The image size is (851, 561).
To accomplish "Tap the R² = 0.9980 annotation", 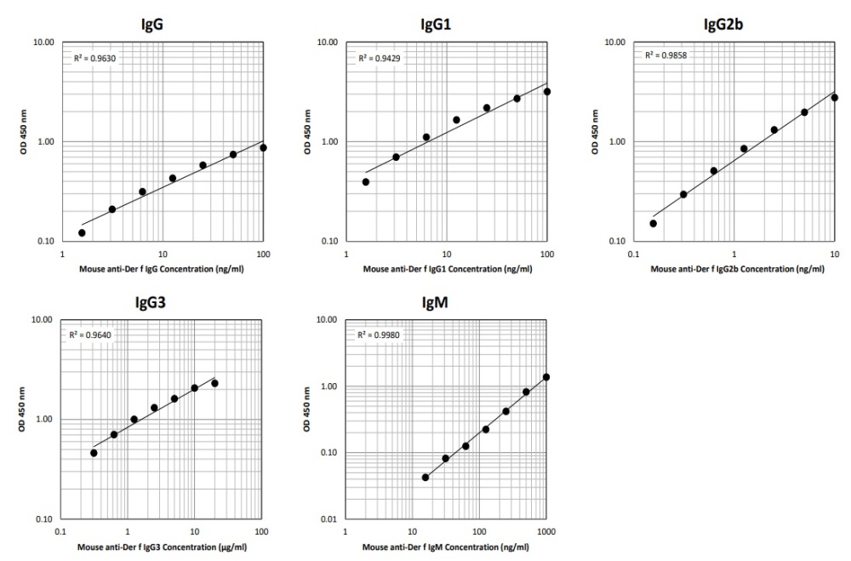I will [378, 335].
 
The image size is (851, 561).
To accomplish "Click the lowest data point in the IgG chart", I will [82, 232].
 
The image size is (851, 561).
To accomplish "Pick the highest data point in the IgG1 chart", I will [547, 91].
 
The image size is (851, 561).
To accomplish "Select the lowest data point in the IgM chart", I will [425, 478].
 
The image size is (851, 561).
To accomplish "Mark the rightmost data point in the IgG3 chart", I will [214, 383].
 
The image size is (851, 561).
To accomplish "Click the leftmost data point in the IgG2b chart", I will [653, 223].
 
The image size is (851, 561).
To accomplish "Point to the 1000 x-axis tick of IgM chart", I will [546, 530].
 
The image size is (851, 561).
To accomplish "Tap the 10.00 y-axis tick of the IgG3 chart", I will [43, 320].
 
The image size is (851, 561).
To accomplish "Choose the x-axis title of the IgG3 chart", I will [160, 546].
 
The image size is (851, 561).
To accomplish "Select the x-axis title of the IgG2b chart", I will [737, 269].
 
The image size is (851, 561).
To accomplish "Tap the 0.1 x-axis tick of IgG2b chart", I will [633, 254].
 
